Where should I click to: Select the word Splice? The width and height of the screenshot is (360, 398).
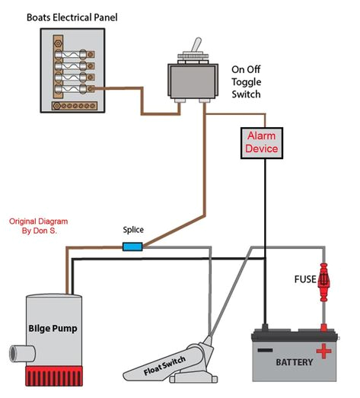[134, 231]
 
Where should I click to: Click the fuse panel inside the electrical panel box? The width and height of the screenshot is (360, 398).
[72, 71]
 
